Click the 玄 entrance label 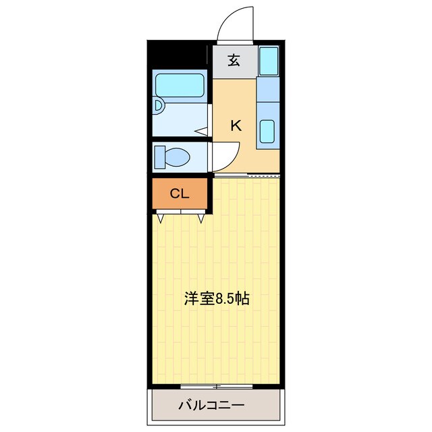[x=234, y=61]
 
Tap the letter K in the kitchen [x=236, y=125]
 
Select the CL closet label [x=179, y=194]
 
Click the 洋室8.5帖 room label [x=217, y=299]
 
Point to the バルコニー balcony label [x=211, y=405]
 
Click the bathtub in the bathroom [x=179, y=86]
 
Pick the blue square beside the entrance [x=269, y=61]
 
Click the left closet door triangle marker [x=161, y=218]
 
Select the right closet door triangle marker [x=202, y=218]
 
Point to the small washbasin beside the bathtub [x=157, y=106]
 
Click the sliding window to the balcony [x=217, y=387]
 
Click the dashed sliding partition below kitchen [x=263, y=175]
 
